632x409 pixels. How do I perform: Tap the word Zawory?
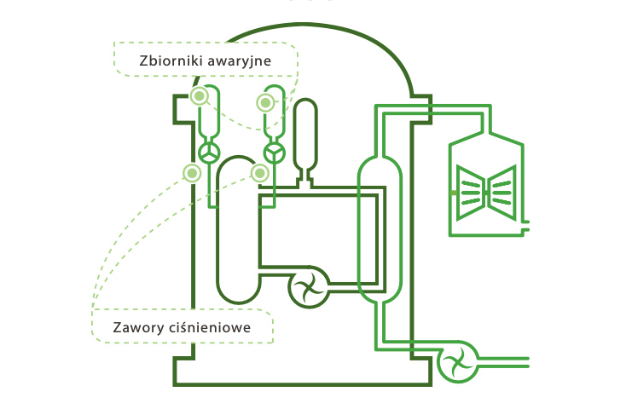(137, 327)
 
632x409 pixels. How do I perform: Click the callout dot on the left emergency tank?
(199, 96)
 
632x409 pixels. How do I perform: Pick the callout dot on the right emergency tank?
(265, 103)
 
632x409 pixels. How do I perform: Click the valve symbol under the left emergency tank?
(209, 153)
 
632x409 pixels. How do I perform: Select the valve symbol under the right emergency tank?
(275, 153)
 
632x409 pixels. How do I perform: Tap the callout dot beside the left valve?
(192, 173)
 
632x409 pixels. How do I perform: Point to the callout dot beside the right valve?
(259, 173)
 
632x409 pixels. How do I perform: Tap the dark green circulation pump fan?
(308, 288)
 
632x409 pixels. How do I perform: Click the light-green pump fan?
(458, 362)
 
